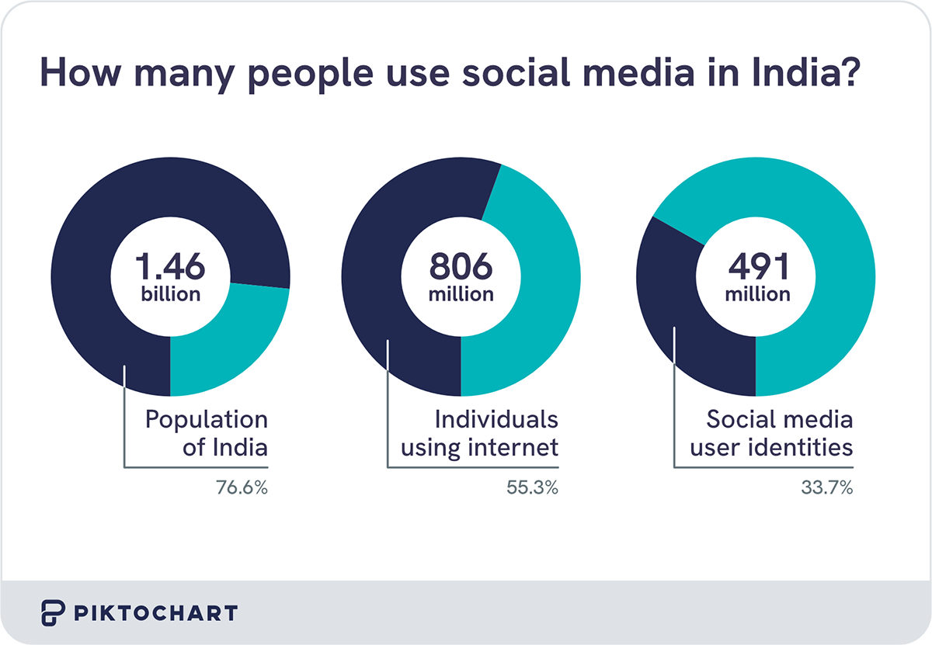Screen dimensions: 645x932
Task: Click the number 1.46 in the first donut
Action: pos(170,266)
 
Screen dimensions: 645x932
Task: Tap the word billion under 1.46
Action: pos(170,295)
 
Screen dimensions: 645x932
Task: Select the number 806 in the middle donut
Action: pos(461,266)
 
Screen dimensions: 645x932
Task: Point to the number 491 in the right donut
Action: pos(757,266)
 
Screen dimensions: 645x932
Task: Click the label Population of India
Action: pos(207,433)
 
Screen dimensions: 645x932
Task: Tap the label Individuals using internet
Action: pos(496,433)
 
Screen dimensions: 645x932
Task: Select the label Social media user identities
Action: pos(780,433)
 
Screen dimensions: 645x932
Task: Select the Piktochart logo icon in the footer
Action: pos(52,612)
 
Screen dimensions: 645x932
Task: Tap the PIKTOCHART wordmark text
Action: pos(156,613)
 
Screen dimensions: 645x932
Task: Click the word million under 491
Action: pos(757,295)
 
